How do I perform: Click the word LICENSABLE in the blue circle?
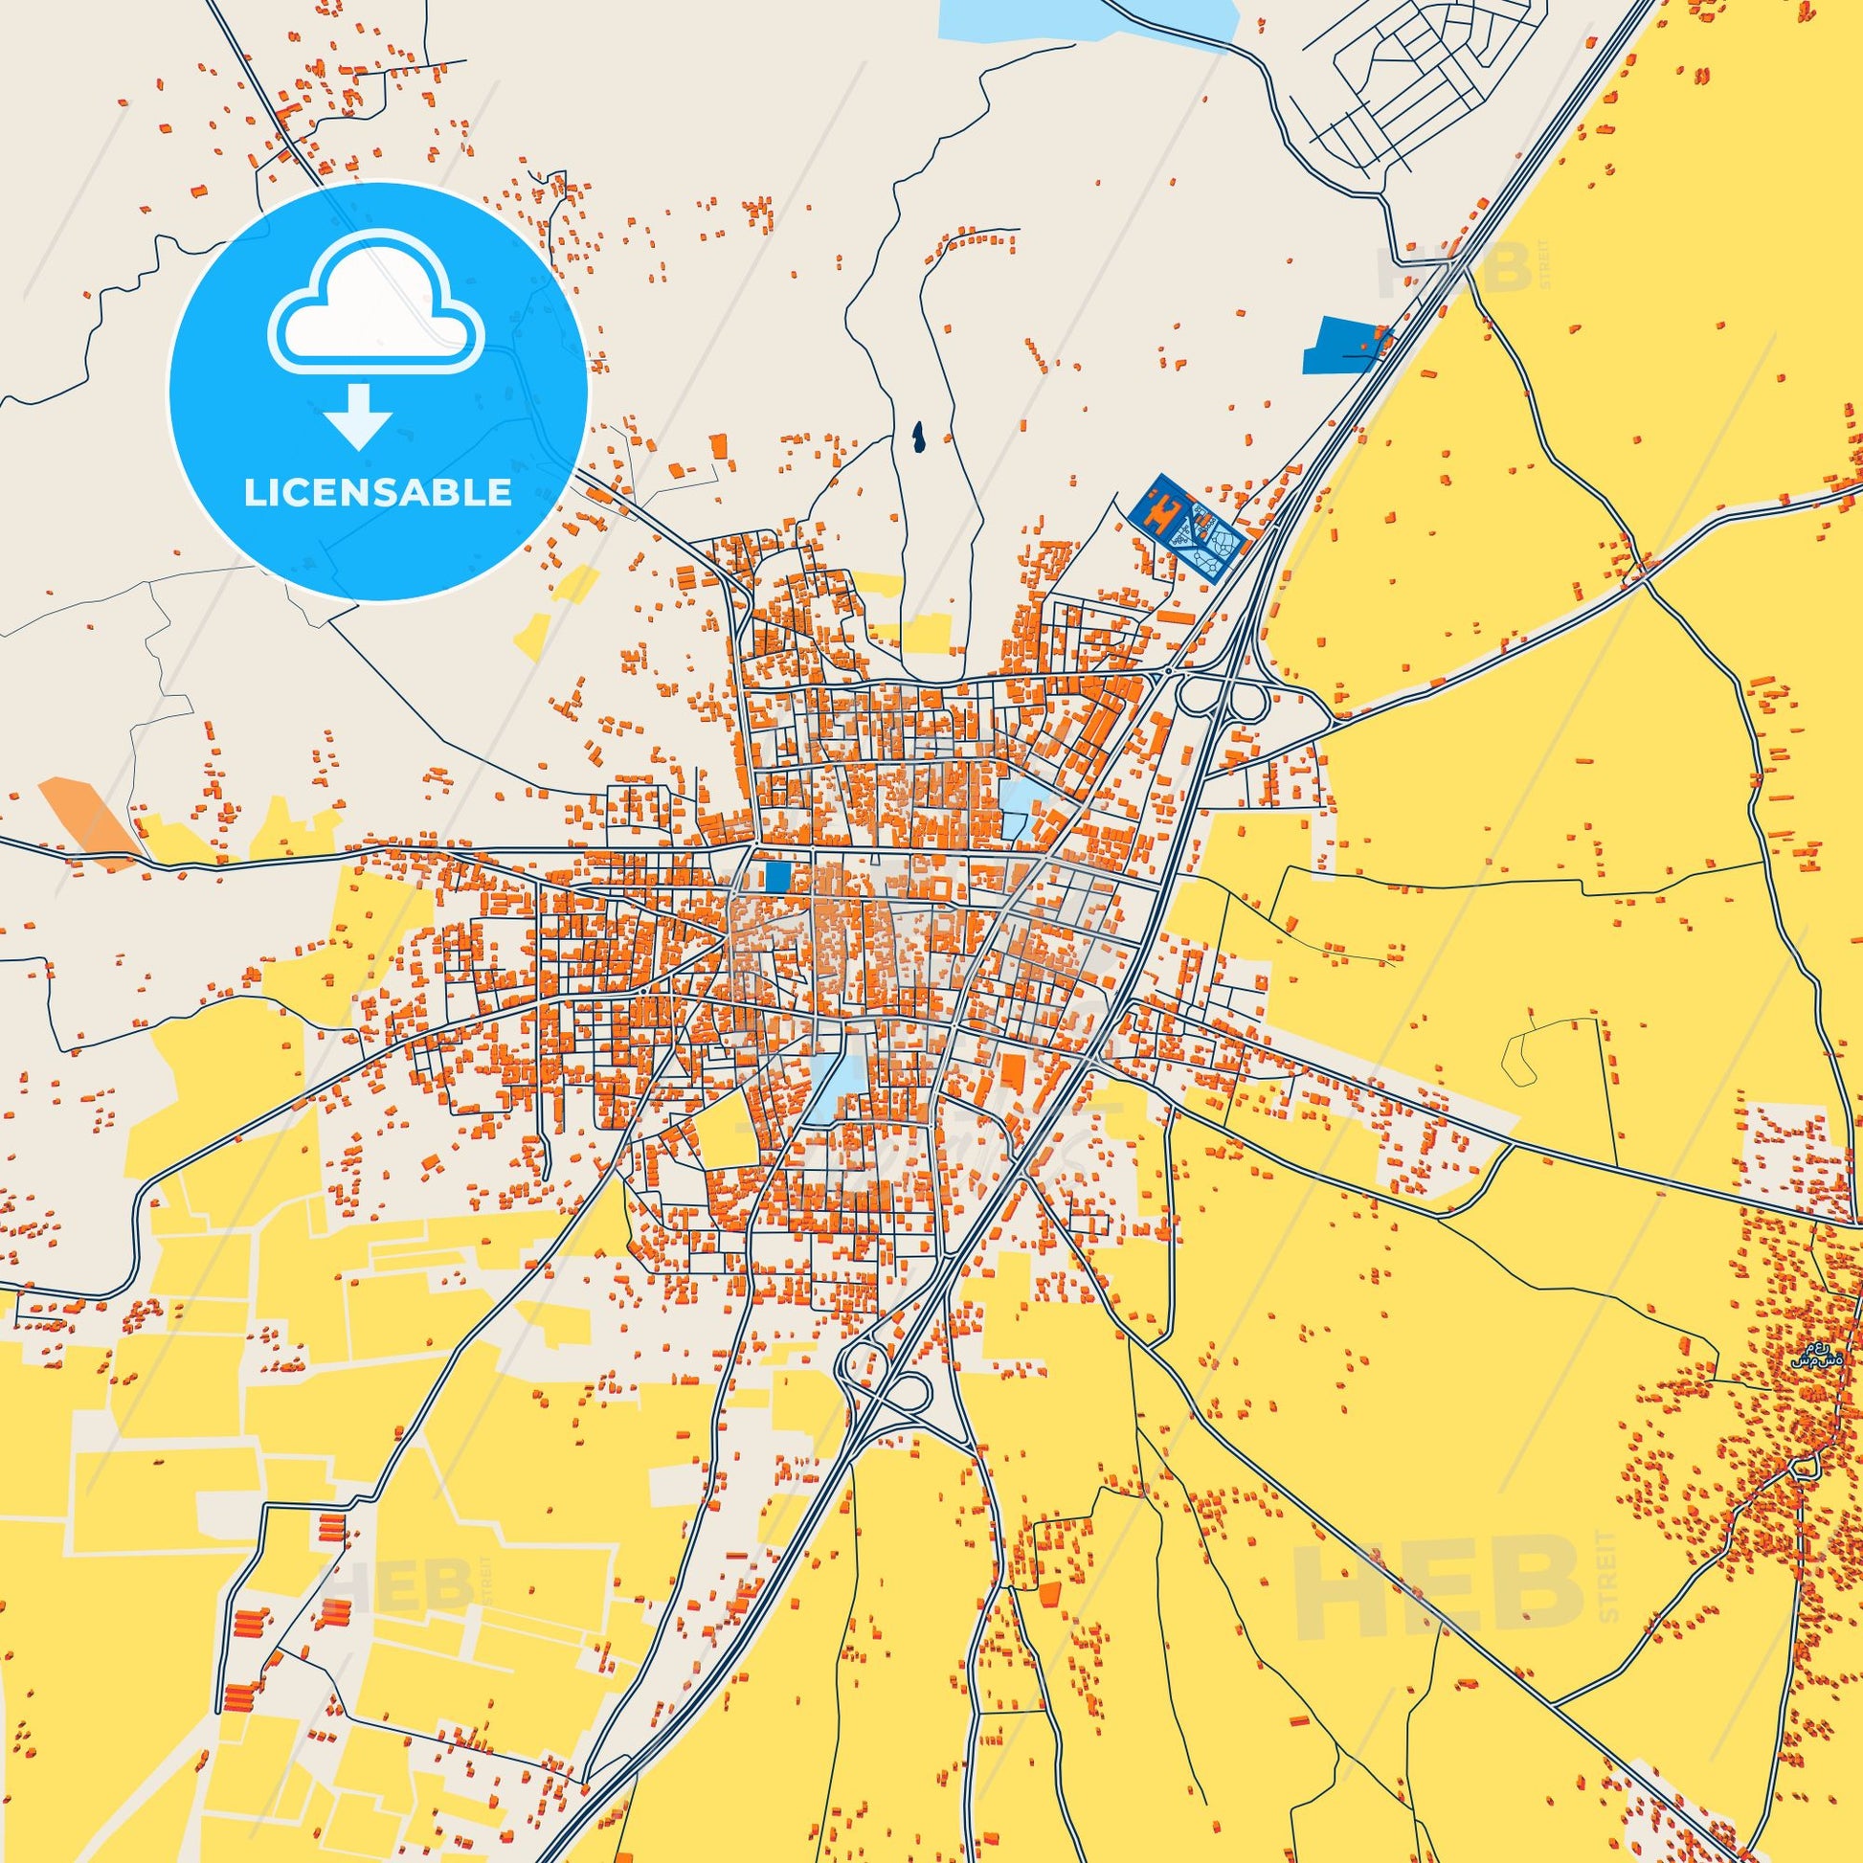[x=377, y=492]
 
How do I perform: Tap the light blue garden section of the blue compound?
[x=1211, y=546]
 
